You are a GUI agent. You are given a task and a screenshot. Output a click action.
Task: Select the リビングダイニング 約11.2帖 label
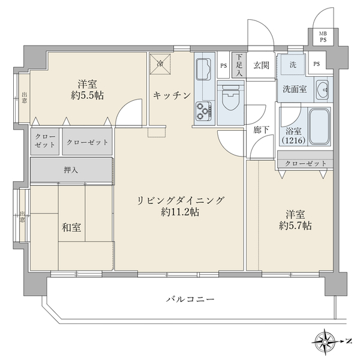(180, 206)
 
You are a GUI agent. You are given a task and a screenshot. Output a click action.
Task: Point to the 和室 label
(71, 227)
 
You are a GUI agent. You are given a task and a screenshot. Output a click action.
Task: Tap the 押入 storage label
(71, 170)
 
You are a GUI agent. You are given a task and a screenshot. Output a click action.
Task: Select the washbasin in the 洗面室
(322, 89)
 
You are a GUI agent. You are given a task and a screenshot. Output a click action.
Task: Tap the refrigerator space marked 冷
(161, 62)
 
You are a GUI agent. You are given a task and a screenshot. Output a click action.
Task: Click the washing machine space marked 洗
(293, 64)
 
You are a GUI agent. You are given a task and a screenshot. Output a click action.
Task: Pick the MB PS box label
(323, 37)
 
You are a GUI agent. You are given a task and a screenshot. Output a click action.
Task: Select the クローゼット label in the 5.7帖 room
(306, 163)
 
